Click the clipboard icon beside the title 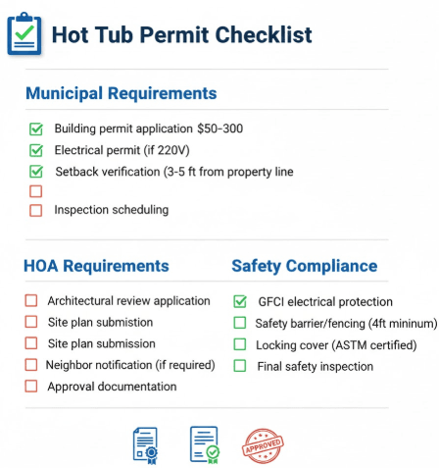click(x=24, y=33)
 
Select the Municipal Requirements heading click(x=121, y=94)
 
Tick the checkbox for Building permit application click(x=36, y=129)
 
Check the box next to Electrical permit click(x=36, y=150)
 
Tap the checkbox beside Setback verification click(x=36, y=171)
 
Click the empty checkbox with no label click(x=36, y=191)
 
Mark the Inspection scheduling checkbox click(x=36, y=210)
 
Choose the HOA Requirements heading click(x=96, y=266)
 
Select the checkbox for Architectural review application click(x=30, y=301)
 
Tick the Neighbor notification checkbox click(x=30, y=365)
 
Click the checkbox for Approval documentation click(x=30, y=387)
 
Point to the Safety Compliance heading click(x=304, y=266)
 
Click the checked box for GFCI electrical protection click(x=240, y=301)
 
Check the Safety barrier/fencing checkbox click(x=240, y=323)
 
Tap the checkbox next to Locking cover click(x=240, y=344)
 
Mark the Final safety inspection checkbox click(x=240, y=366)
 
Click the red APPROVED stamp click(x=263, y=444)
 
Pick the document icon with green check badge click(x=204, y=444)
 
